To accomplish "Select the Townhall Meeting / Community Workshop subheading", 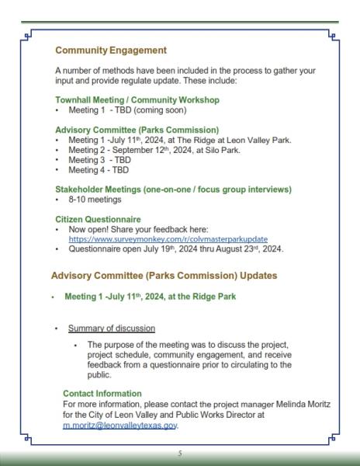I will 137,100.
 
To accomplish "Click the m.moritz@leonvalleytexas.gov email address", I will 120,426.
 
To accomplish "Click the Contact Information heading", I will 102,394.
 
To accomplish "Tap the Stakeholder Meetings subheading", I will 173,189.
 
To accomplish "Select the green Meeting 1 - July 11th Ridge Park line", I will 155,296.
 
